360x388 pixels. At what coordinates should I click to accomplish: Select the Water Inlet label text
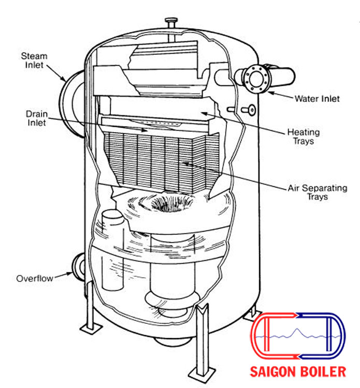[317, 98]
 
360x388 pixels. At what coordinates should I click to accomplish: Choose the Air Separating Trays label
[317, 192]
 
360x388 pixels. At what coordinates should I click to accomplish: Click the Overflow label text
[35, 278]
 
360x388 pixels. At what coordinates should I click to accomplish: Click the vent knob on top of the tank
[171, 23]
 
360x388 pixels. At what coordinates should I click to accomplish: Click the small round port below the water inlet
[252, 110]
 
